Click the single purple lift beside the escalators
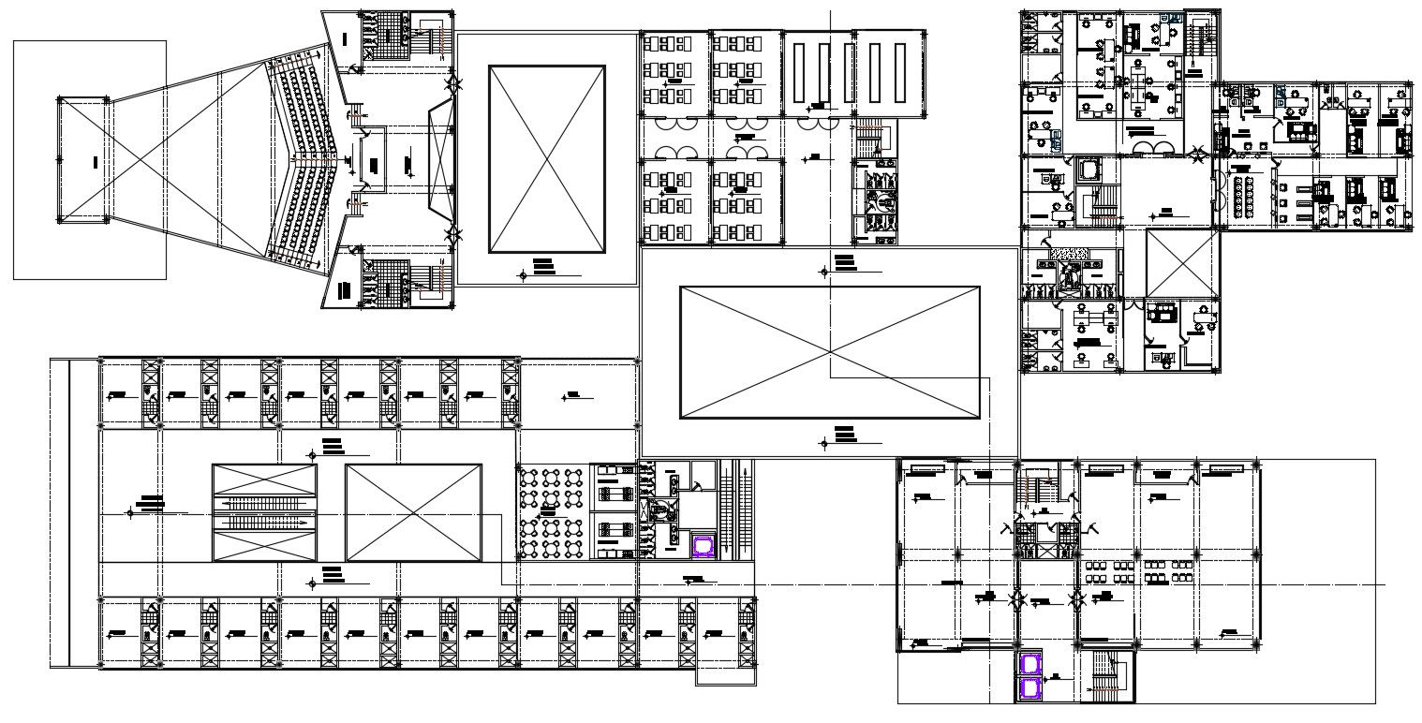(702, 546)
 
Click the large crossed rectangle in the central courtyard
(829, 352)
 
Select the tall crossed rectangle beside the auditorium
(547, 159)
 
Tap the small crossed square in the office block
(1180, 263)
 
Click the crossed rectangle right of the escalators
(413, 512)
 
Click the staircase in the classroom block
(870, 138)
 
